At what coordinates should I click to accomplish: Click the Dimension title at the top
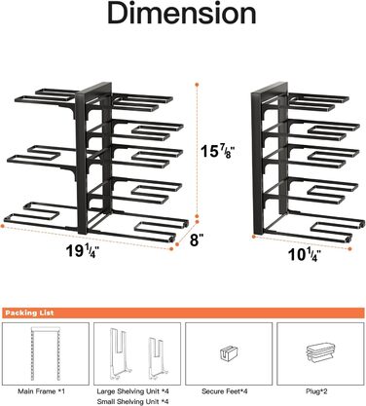[182, 14]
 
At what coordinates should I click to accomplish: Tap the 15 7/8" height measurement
[217, 151]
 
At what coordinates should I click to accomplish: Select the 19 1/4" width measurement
[83, 251]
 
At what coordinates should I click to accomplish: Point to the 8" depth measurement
[197, 240]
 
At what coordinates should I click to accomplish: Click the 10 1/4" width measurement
[305, 255]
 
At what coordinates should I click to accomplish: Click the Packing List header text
[29, 314]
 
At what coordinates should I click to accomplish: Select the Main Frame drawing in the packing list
[46, 353]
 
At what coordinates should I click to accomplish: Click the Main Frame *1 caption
[41, 391]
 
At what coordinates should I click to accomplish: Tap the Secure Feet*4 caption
[225, 391]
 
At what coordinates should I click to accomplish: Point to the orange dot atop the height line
[197, 85]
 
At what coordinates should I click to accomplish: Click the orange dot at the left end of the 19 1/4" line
[2, 225]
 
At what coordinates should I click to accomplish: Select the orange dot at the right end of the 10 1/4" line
[349, 249]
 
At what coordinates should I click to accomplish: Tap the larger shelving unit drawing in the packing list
[119, 353]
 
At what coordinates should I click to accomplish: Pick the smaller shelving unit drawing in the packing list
[158, 358]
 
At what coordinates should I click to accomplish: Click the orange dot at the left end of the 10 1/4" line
[254, 237]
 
